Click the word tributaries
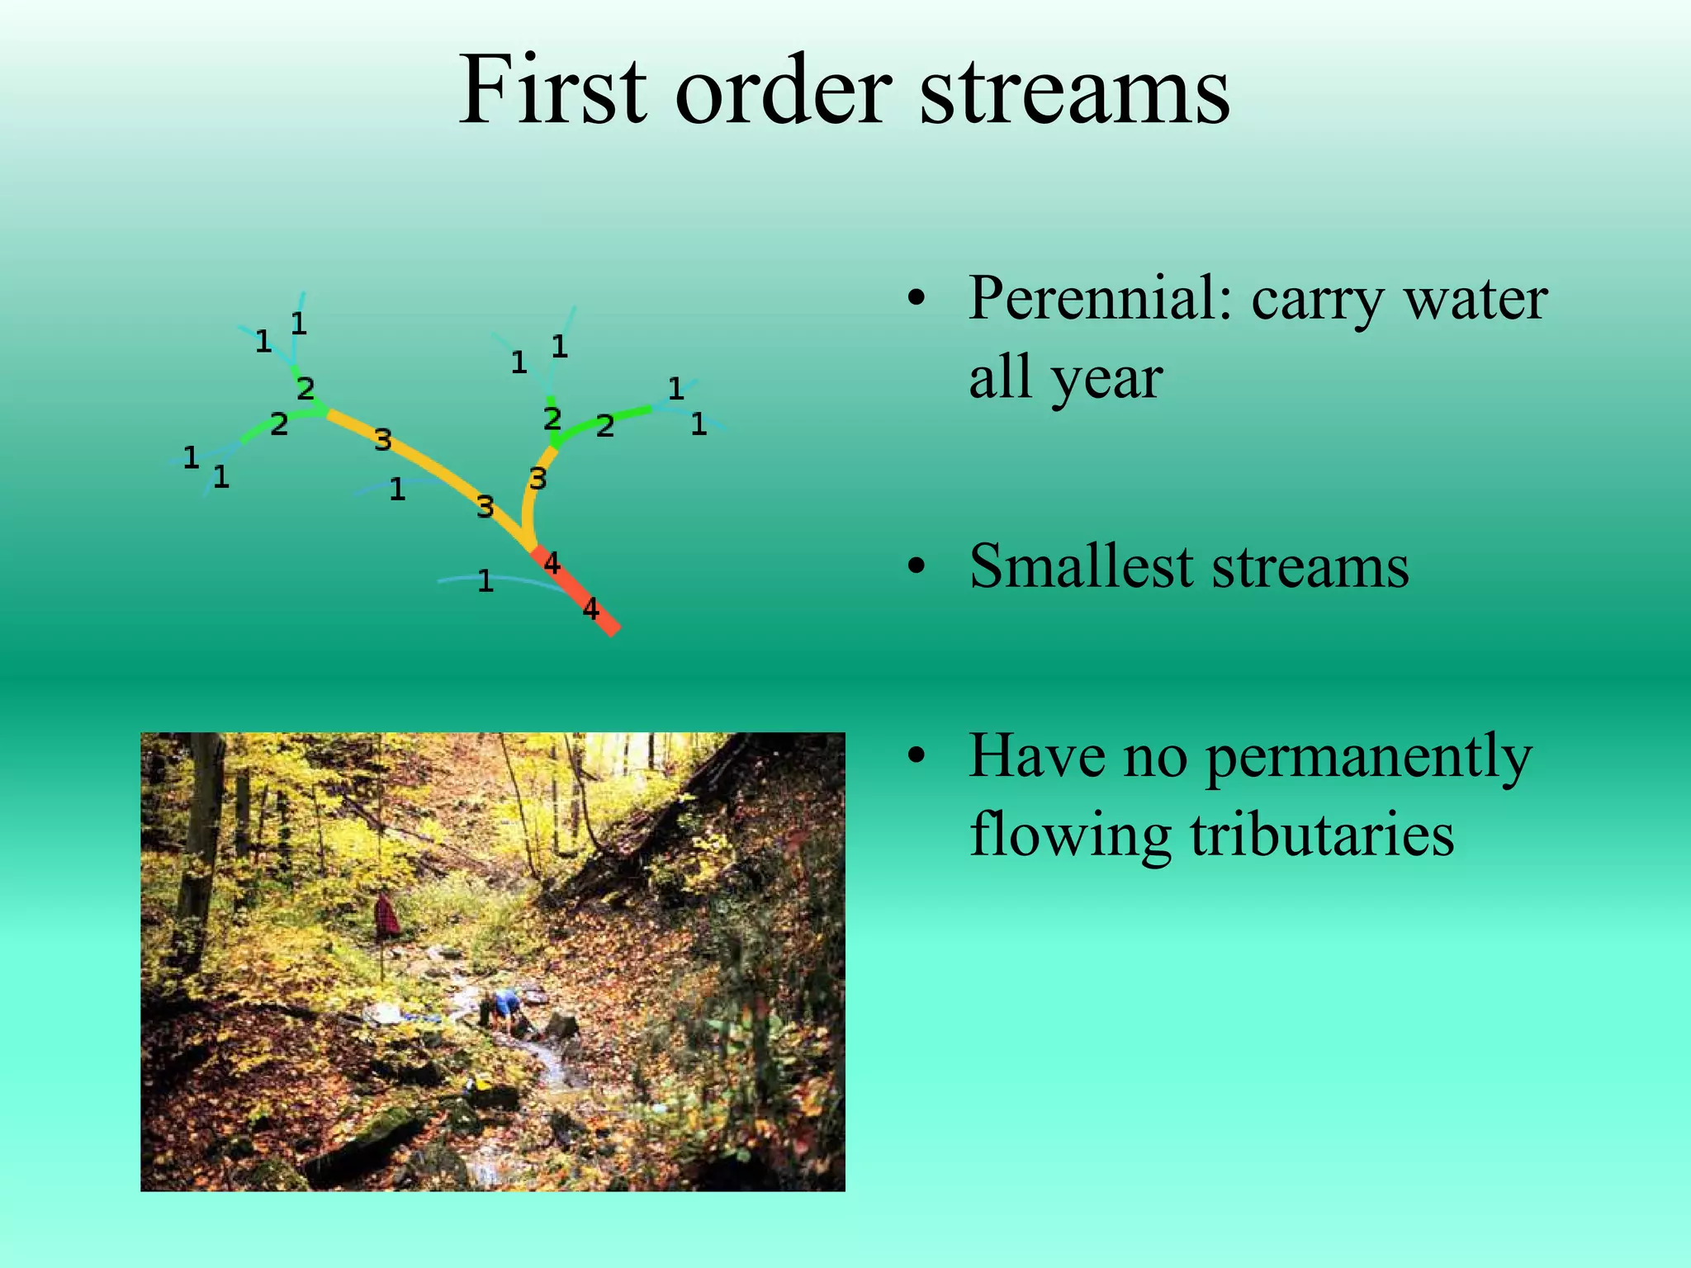[x=1322, y=834]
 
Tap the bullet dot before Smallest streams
[x=914, y=568]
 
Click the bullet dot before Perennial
[x=914, y=300]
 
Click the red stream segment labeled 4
[x=578, y=591]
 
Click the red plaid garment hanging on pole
[x=386, y=916]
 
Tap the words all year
[x=1065, y=378]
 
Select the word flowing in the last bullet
[x=1070, y=834]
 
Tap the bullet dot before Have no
[x=914, y=756]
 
